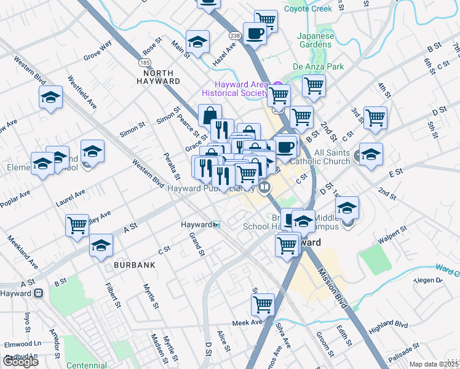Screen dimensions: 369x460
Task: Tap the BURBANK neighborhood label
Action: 133,264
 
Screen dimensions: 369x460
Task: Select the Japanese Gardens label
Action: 315,40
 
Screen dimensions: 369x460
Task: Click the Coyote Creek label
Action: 308,9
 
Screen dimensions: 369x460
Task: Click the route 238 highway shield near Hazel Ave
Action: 234,36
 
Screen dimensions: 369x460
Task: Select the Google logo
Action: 20,361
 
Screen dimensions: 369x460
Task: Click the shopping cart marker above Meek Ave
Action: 263,303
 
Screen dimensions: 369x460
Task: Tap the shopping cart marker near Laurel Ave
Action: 77,224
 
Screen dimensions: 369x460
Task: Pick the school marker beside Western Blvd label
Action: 51,97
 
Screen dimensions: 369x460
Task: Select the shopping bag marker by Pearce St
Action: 210,114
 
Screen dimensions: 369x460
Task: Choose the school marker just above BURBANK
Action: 101,245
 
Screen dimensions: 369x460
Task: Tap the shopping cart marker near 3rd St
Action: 375,117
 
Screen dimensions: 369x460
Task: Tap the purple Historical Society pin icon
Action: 277,85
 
